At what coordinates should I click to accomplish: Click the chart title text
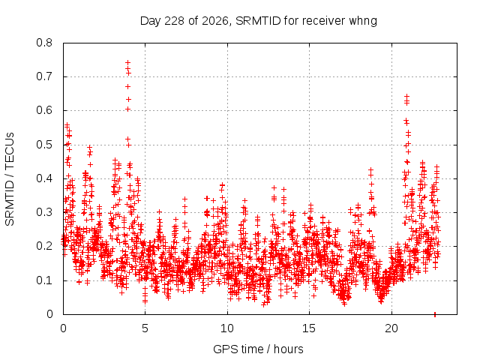tap(258, 21)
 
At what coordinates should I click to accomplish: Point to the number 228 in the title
tap(174, 21)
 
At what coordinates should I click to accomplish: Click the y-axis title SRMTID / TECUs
tap(10, 179)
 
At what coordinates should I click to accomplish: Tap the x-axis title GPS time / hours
tap(258, 349)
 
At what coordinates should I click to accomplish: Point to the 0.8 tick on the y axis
tap(44, 43)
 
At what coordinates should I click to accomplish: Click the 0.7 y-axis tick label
tap(44, 76)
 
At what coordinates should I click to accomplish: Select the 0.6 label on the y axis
tap(44, 110)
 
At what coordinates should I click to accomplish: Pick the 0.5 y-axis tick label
tap(44, 145)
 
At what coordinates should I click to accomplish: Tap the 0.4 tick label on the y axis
tap(44, 178)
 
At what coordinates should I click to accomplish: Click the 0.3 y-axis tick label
tap(44, 212)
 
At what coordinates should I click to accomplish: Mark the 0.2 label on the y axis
tap(44, 246)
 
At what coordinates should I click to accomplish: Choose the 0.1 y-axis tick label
tap(44, 280)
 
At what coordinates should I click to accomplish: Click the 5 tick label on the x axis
tap(145, 328)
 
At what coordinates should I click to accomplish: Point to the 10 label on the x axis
tap(227, 328)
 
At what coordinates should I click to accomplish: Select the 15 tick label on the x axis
tap(309, 328)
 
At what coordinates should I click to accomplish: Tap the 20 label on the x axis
tap(391, 328)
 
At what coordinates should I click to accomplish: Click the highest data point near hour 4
tap(128, 62)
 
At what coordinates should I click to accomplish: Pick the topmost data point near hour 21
tap(406, 97)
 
